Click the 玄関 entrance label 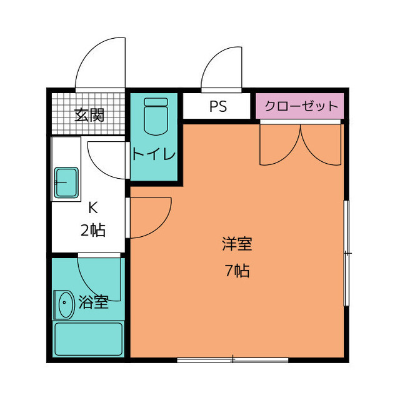coord(89,115)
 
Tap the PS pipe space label coord(217,106)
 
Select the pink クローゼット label coord(299,106)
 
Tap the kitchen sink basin coord(66,183)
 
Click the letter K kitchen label coord(92,207)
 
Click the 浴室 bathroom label coord(94,303)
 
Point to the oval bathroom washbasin coord(64,306)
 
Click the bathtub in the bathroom coord(88,339)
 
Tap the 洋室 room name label coord(236,243)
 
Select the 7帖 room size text coord(236,271)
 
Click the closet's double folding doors coord(301,145)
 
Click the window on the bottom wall coord(232,359)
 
